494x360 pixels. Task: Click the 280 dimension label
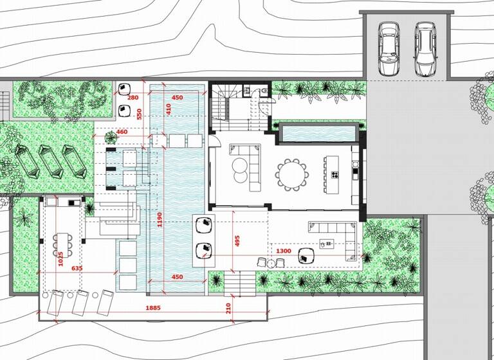click(133, 98)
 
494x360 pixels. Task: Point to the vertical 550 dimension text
click(140, 114)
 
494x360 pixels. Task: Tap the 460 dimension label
click(122, 132)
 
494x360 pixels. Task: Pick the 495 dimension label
click(237, 240)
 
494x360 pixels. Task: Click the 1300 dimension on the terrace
click(284, 251)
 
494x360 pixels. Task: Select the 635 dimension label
click(77, 268)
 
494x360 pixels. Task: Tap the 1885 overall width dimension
click(152, 308)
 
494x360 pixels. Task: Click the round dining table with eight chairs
click(292, 174)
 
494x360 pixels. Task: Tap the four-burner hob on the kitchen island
click(334, 174)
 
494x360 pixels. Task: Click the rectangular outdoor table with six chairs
click(62, 244)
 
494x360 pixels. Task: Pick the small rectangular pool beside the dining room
click(318, 134)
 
